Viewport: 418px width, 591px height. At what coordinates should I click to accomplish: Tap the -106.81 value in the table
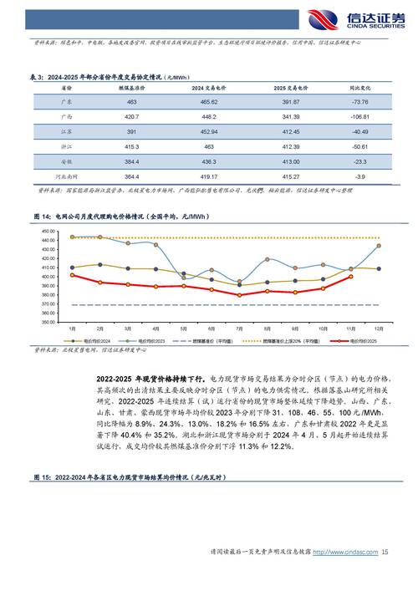point(360,116)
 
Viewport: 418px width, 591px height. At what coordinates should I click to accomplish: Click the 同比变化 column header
point(360,87)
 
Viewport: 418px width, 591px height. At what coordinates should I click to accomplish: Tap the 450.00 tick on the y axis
point(47,231)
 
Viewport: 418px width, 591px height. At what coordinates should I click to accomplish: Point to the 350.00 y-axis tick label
point(47,322)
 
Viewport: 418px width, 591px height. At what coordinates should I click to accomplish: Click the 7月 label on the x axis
point(239,329)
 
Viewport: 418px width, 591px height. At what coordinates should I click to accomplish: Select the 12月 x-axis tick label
point(379,329)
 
